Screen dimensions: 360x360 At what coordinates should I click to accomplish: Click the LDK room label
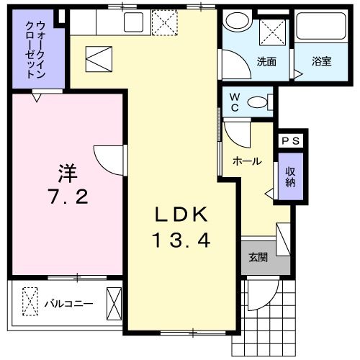point(182,214)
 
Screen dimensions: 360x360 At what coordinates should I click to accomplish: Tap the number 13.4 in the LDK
point(181,240)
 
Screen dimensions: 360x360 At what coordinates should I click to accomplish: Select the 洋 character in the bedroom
point(68,173)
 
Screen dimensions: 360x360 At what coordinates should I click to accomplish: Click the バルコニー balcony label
point(68,303)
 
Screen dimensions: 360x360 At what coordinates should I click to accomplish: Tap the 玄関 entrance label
point(258,257)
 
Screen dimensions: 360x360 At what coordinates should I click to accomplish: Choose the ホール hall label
point(246,161)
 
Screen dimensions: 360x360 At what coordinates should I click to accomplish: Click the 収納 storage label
point(290,176)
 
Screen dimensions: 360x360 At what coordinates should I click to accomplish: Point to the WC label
point(235,102)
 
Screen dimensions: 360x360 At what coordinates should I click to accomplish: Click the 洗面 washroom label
point(266,61)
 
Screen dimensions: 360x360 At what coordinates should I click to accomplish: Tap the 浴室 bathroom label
point(322,61)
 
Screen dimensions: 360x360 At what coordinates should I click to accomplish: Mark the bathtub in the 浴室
point(321,30)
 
